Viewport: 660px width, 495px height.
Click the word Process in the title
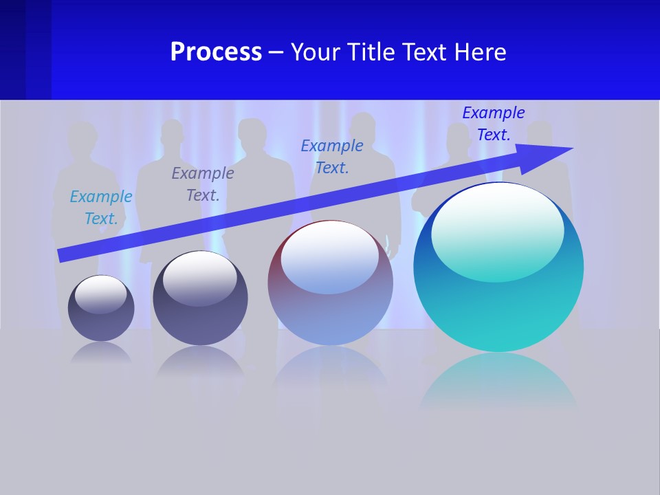pos(216,52)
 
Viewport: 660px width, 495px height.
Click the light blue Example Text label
pos(101,208)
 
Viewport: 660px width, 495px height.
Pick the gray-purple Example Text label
pos(203,184)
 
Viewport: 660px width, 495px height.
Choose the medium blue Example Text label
pos(332,157)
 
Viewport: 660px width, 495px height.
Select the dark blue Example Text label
pos(494,124)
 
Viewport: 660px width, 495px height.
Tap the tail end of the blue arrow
pos(63,255)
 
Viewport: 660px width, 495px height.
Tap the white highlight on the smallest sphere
pos(101,294)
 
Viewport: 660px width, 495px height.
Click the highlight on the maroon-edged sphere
pos(330,256)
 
